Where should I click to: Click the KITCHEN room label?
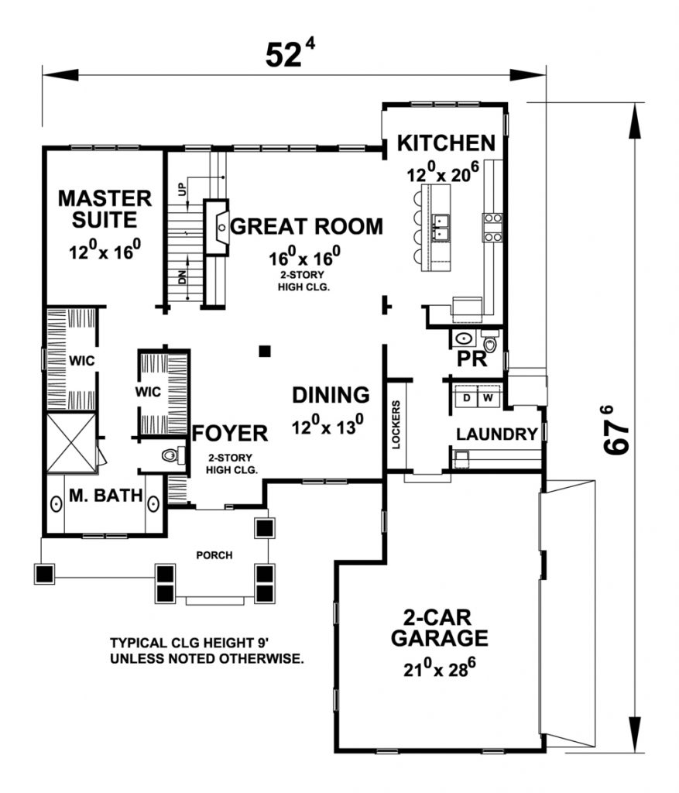[446, 143]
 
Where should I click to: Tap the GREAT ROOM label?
[307, 226]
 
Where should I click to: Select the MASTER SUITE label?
[105, 209]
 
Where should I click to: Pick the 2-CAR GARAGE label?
[439, 627]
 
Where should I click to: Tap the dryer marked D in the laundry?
[467, 397]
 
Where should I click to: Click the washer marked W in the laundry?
[489, 397]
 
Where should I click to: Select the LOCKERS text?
[396, 425]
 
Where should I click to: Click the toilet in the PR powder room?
[490, 342]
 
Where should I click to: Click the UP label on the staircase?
[182, 189]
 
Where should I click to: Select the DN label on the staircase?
[182, 277]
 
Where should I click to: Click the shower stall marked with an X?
[70, 443]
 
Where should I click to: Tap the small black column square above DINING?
[265, 351]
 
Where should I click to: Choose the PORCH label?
[214, 555]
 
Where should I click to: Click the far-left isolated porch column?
[44, 574]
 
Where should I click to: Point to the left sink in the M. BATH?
[56, 504]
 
